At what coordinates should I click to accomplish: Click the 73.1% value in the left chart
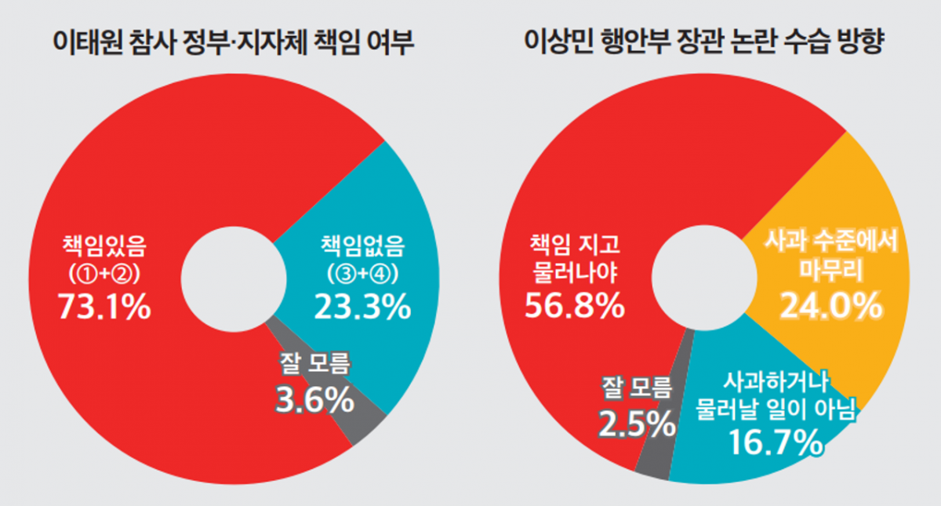click(x=104, y=308)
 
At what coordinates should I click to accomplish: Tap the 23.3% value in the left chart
click(x=362, y=308)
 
